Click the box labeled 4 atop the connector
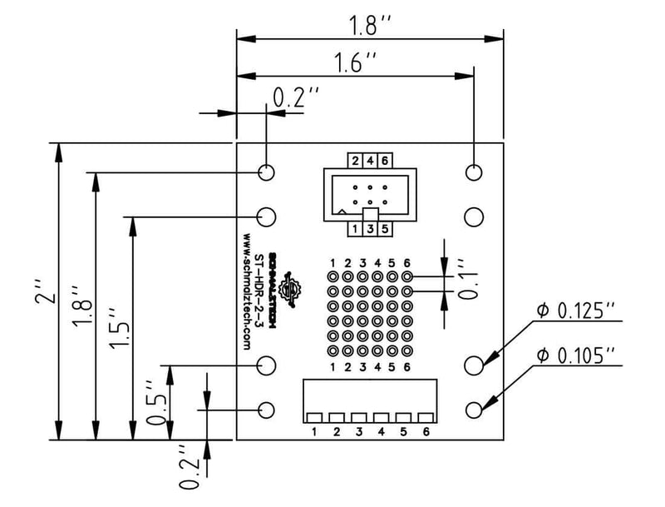(x=369, y=161)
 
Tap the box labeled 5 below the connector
(x=384, y=228)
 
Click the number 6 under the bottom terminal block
(x=426, y=432)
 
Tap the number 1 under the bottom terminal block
(x=314, y=432)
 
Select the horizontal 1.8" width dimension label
(x=368, y=25)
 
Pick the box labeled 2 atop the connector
(x=355, y=161)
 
